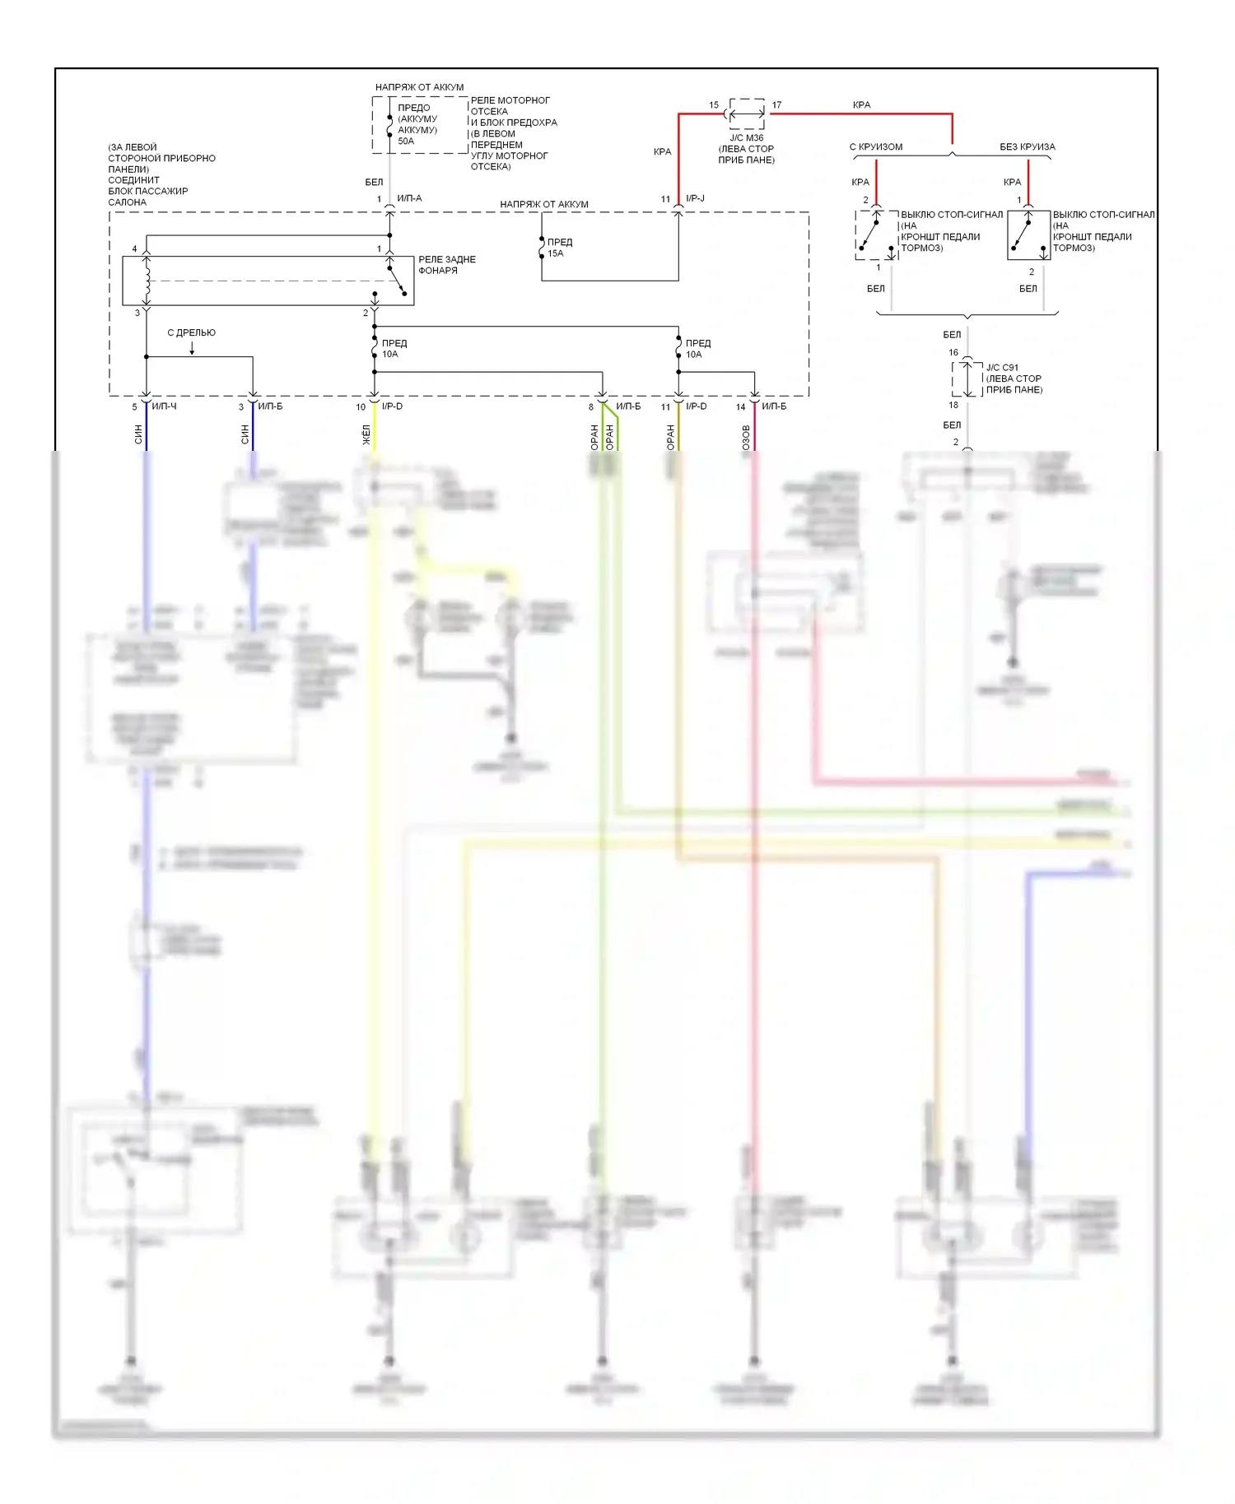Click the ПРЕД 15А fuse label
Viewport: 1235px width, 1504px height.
pos(559,248)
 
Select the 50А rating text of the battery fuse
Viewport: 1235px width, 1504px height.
pos(406,142)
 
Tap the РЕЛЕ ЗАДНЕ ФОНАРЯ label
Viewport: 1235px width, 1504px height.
pos(446,265)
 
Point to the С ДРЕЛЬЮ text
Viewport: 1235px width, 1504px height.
pos(191,333)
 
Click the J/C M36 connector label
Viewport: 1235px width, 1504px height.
pos(747,138)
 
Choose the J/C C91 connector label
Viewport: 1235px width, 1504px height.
pos(1002,368)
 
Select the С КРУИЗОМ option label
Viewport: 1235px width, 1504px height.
pos(876,147)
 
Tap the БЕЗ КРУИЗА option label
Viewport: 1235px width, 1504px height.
pos(1027,147)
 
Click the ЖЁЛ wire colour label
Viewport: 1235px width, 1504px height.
pos(366,435)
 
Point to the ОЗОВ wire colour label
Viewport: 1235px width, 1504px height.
pos(746,437)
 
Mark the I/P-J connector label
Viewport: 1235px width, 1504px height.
pos(695,198)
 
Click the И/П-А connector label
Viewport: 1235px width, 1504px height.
pos(409,198)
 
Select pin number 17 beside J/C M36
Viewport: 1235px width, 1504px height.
pos(776,105)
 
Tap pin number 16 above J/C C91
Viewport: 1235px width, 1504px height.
pos(953,353)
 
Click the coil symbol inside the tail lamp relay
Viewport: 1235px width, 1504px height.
pos(147,281)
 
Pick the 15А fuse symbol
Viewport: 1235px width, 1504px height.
pos(542,247)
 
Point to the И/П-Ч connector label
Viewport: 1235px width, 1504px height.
pos(164,406)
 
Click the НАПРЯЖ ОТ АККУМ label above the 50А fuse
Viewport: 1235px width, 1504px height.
pos(419,87)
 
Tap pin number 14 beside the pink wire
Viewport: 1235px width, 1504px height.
pos(740,407)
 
